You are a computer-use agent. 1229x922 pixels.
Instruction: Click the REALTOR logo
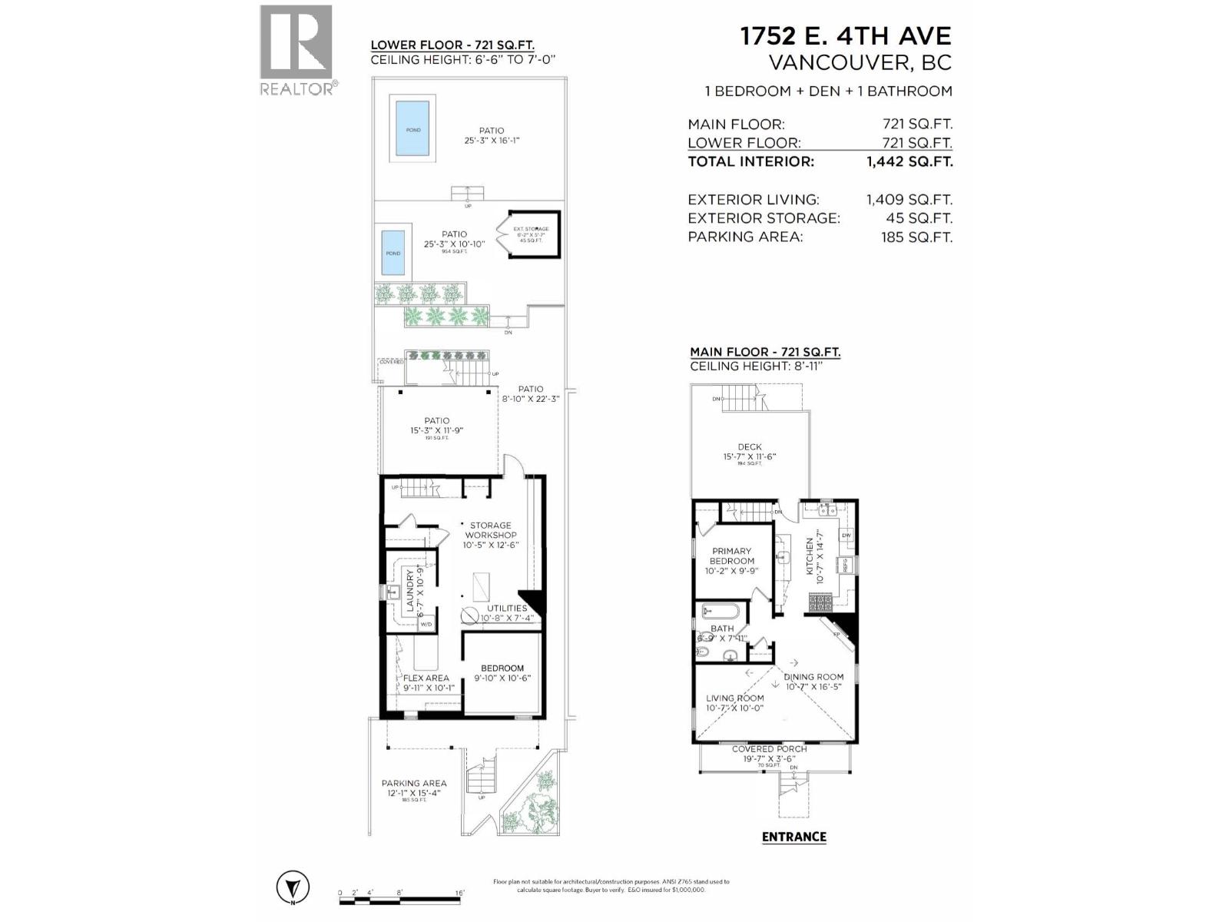coord(296,50)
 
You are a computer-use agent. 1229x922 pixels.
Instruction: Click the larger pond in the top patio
coord(413,129)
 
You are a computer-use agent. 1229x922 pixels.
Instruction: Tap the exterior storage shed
coord(535,234)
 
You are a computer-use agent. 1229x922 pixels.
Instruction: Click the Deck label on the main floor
coord(749,447)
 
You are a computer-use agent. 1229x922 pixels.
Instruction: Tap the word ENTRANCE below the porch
coord(793,837)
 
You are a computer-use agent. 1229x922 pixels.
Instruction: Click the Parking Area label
coord(414,784)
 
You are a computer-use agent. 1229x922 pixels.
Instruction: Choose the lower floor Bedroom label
coord(502,668)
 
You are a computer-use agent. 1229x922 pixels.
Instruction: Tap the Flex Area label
coord(426,678)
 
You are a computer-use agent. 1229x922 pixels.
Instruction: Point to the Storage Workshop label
coord(491,530)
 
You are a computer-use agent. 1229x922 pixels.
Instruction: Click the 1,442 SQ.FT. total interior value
coord(909,162)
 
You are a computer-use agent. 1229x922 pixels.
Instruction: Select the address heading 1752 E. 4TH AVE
coord(845,36)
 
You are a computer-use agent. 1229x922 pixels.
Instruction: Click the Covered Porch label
coord(769,749)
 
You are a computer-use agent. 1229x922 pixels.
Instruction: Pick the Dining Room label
coord(813,677)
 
